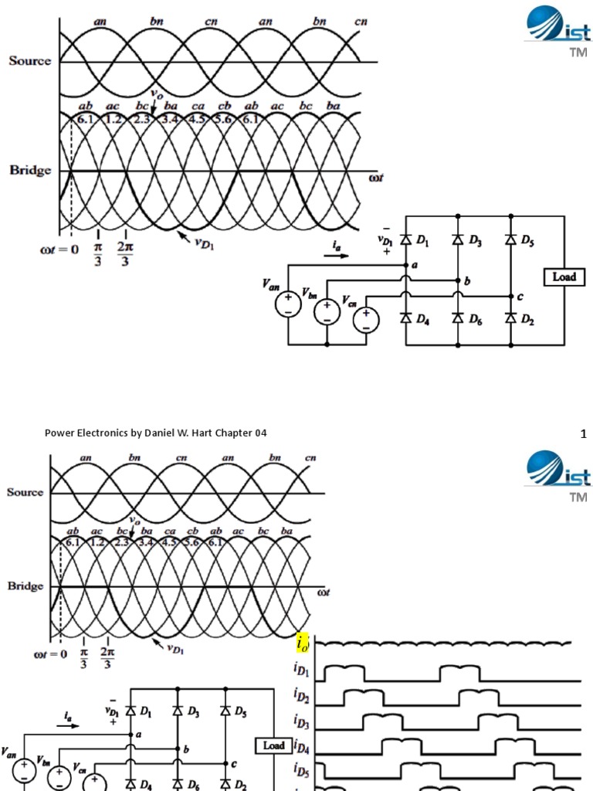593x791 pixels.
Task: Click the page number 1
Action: pos(584,434)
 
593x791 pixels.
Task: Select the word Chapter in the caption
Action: pos(237,433)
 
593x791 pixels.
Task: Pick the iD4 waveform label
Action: pos(303,747)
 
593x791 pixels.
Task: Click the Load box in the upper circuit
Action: pos(564,277)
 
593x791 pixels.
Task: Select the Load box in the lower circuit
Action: pos(273,745)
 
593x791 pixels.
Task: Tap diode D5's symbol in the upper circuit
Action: pos(510,240)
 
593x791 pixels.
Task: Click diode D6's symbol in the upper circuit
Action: pos(458,318)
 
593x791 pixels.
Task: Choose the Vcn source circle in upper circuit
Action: pos(365,319)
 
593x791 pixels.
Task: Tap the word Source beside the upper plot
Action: pos(29,61)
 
